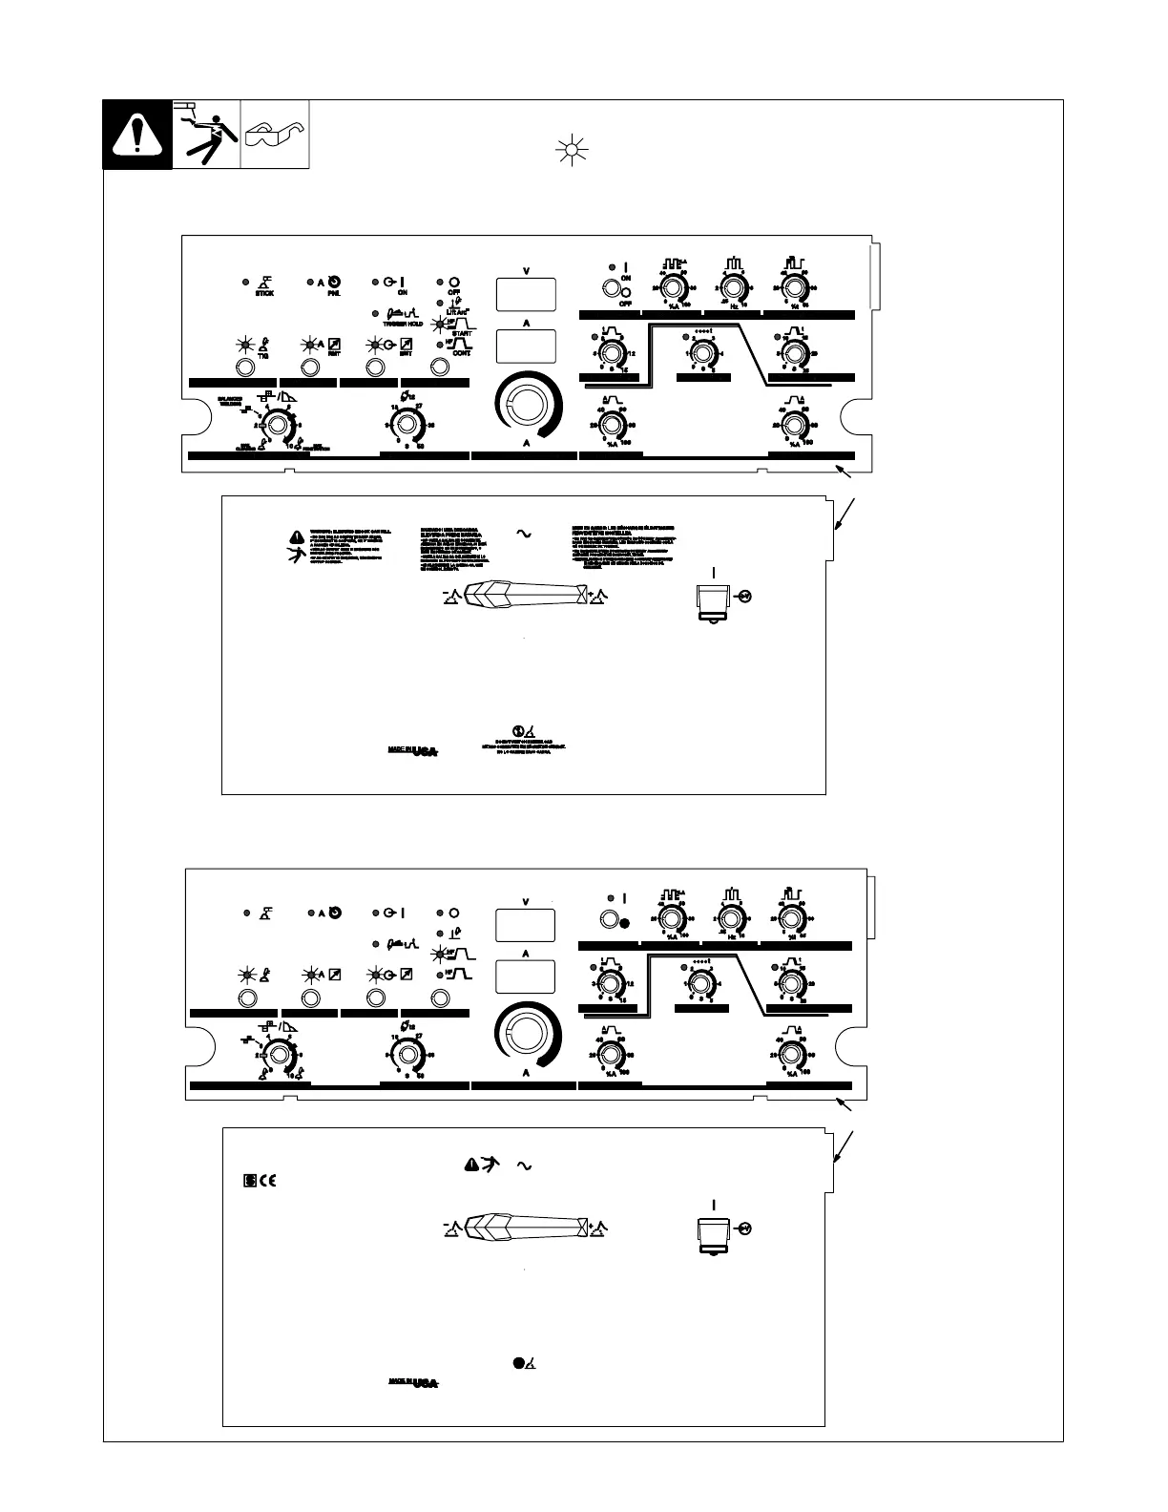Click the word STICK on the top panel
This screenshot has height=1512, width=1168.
(264, 293)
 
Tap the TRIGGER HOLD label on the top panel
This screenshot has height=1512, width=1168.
(394, 325)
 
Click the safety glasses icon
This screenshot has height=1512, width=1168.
(275, 135)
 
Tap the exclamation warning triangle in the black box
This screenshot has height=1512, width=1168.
(137, 135)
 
